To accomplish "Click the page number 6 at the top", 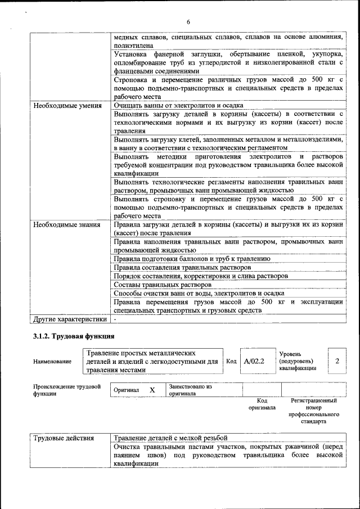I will point(188,21).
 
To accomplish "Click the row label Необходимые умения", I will point(67,105).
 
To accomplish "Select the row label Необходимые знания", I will point(67,225).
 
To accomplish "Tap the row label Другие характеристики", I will point(69,319).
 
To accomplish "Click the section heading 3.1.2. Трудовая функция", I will point(74,336).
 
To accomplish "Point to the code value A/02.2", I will point(254,361).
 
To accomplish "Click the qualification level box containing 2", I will point(336,361).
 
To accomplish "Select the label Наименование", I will point(52,362).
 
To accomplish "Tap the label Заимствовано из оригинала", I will point(190,390).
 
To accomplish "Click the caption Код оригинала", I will point(262,404).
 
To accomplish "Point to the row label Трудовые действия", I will point(63,438).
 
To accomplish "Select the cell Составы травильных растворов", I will point(155,285).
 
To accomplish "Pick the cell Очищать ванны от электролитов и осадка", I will point(178,105).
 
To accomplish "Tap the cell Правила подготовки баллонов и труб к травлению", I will point(192,259).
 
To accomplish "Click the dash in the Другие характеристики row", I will point(115,319).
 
